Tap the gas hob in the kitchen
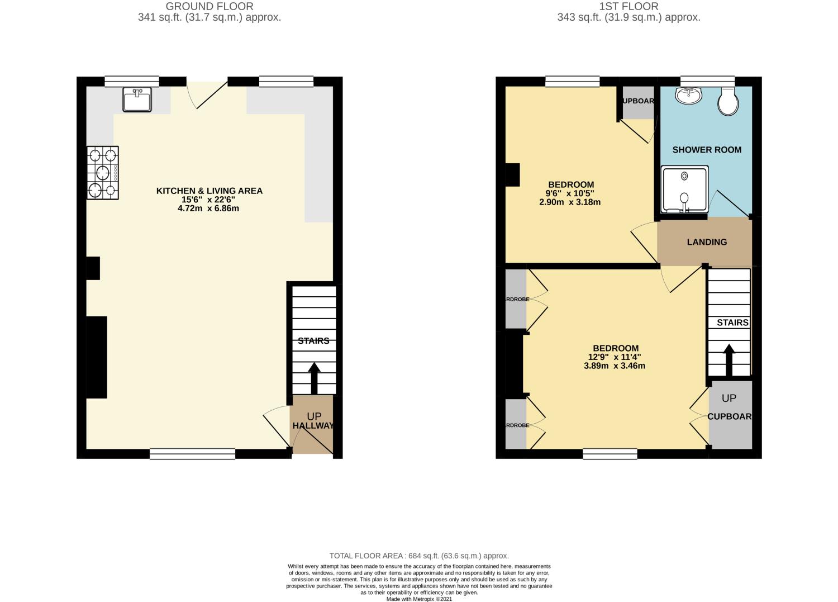click(103, 173)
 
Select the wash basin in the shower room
click(688, 96)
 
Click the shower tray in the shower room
click(684, 189)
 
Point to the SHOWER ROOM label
click(707, 150)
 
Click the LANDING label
click(707, 242)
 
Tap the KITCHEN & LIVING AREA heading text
click(209, 191)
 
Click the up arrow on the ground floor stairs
click(314, 378)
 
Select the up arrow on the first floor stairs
click(729, 360)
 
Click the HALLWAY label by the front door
click(313, 426)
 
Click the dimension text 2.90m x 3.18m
click(569, 202)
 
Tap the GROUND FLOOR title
click(209, 7)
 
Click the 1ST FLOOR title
click(628, 7)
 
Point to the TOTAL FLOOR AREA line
click(419, 556)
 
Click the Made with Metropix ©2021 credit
click(419, 599)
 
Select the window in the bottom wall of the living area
click(192, 454)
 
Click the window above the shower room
click(707, 82)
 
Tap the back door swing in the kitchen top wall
click(207, 94)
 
